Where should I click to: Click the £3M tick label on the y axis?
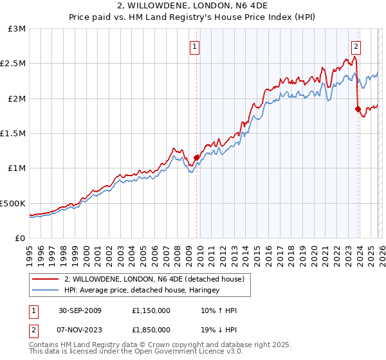[16, 29]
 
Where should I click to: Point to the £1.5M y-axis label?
[14, 133]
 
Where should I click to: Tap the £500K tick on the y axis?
[14, 203]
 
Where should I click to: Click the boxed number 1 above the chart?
[195, 46]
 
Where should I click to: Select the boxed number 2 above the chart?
[356, 46]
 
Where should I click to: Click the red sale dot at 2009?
[196, 157]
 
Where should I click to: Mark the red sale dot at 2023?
[358, 109]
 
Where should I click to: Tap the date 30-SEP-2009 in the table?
[79, 310]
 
